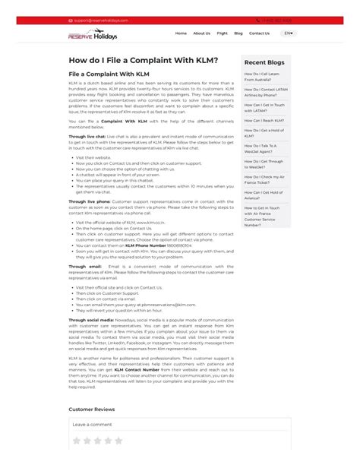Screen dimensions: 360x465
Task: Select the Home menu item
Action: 181,33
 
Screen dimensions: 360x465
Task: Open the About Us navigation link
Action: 201,33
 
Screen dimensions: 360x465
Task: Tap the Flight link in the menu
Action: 222,33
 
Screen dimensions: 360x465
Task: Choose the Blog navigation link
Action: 238,33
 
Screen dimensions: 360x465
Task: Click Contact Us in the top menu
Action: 259,33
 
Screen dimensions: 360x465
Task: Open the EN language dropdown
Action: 288,33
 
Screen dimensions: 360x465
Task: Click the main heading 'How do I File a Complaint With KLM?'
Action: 143,60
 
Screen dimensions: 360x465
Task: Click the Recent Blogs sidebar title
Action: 265,62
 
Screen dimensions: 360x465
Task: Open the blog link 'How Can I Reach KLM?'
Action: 264,120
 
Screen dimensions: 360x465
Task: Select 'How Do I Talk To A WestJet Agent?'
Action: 261,148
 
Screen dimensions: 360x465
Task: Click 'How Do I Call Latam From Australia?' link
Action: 263,77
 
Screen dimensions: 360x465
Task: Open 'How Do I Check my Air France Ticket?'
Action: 264,179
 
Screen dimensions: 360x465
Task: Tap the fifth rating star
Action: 118,440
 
